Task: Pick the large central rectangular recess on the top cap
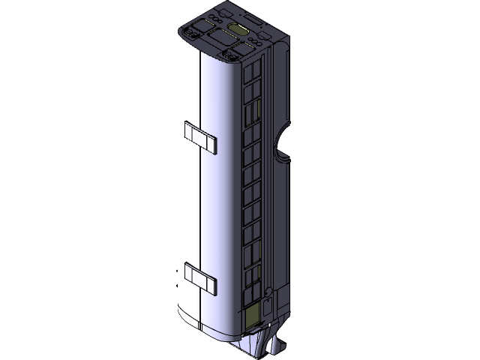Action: coord(224,35)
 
